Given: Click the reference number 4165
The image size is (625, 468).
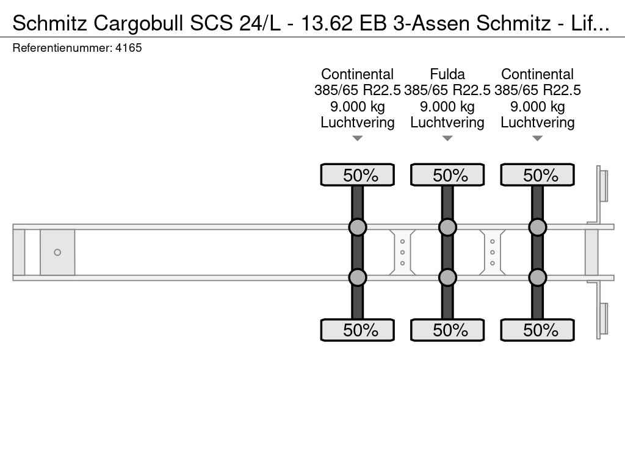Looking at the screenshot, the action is tap(128, 48).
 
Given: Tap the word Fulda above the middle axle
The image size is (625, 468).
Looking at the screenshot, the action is tap(447, 74).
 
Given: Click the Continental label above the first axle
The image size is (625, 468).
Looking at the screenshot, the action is tap(357, 74).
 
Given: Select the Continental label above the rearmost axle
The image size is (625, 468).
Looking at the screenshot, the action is tap(537, 74).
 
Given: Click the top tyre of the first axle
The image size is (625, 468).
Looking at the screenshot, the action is tap(358, 175).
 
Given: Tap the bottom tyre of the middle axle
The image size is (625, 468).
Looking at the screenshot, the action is tap(447, 330).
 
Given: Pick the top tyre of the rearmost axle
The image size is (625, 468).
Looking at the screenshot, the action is tap(537, 175).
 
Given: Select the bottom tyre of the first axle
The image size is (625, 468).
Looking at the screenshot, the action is tap(358, 330).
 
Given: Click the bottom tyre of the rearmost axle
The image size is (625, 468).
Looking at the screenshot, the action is tap(537, 330).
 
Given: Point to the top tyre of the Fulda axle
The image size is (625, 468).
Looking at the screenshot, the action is tap(447, 175).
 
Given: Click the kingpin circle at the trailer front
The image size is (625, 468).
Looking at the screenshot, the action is tap(57, 252).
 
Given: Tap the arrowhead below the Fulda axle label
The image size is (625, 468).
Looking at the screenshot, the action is tap(447, 138).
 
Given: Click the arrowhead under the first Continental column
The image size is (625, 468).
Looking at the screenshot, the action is tap(358, 138).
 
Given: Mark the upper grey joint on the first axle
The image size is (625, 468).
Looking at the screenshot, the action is tap(358, 227).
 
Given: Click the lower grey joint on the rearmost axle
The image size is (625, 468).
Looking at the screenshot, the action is tap(537, 277).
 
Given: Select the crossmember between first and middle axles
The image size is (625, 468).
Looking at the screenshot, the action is tap(402, 252).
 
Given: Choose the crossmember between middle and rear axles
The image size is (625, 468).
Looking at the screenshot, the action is tap(493, 252).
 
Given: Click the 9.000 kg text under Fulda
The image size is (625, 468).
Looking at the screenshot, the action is tap(447, 107).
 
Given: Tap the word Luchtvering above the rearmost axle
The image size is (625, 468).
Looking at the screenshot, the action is tap(537, 122).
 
